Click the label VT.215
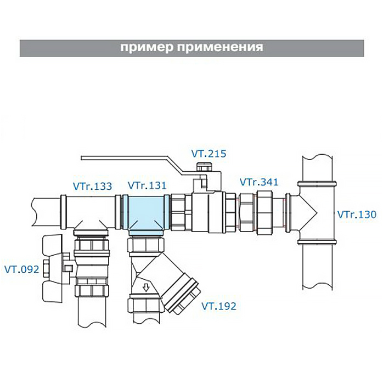tap(209, 154)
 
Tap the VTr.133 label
tap(92, 187)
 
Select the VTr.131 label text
tap(147, 185)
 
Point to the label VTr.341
tap(259, 182)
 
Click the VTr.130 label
tap(357, 215)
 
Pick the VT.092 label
tap(22, 269)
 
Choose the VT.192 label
tap(219, 306)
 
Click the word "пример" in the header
tap(146, 47)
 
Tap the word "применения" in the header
tap(221, 47)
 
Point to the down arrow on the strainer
tap(146, 288)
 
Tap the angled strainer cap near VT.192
tap(182, 292)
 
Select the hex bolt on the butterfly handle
tap(46, 268)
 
